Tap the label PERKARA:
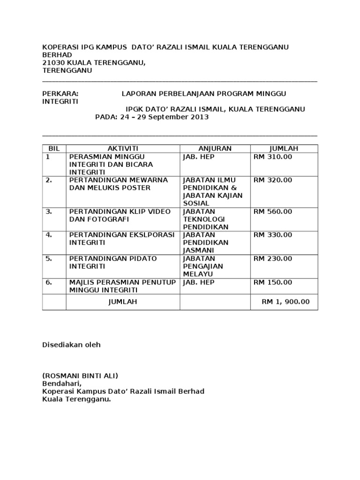60,93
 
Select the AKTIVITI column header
123,148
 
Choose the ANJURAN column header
215,148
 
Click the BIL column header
54,148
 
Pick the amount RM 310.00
273,157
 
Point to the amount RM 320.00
273,180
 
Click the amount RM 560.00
273,211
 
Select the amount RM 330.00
273,235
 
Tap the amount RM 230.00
273,258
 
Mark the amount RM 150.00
273,282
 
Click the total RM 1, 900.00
285,302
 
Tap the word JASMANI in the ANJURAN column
199,250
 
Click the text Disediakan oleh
71,345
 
